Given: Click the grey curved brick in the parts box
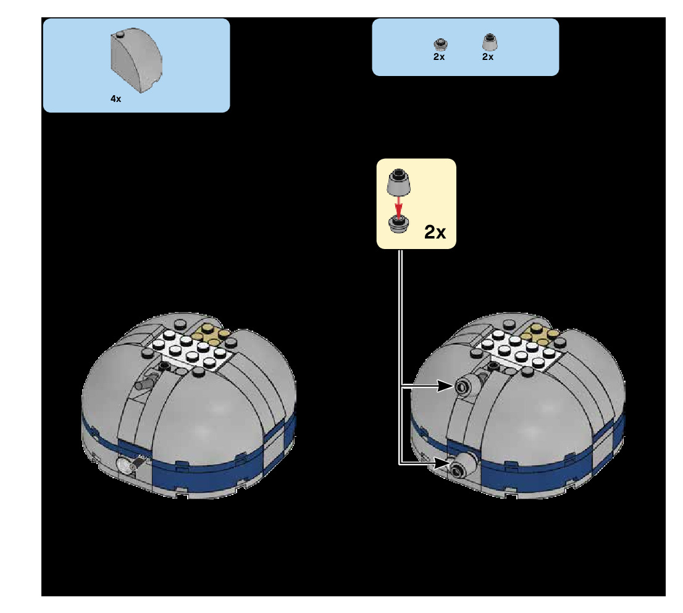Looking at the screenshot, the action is click(x=137, y=62).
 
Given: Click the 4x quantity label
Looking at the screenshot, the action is click(x=115, y=99).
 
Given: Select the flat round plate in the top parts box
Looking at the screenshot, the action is click(x=440, y=44).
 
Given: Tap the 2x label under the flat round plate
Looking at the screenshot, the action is click(x=439, y=57).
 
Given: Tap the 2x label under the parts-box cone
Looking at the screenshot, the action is click(x=488, y=57).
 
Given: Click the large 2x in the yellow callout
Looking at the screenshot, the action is click(x=435, y=232).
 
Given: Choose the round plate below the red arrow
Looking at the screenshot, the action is click(x=399, y=224).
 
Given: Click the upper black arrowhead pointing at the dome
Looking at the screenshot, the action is click(x=446, y=387).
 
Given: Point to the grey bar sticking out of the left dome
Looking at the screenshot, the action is click(x=146, y=384).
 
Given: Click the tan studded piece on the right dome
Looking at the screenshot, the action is click(x=542, y=335).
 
